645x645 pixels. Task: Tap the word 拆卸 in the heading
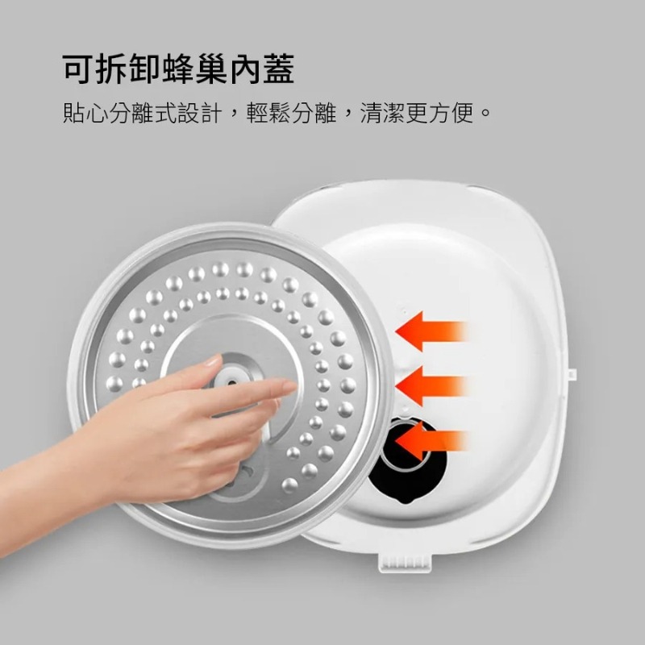[134, 69]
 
